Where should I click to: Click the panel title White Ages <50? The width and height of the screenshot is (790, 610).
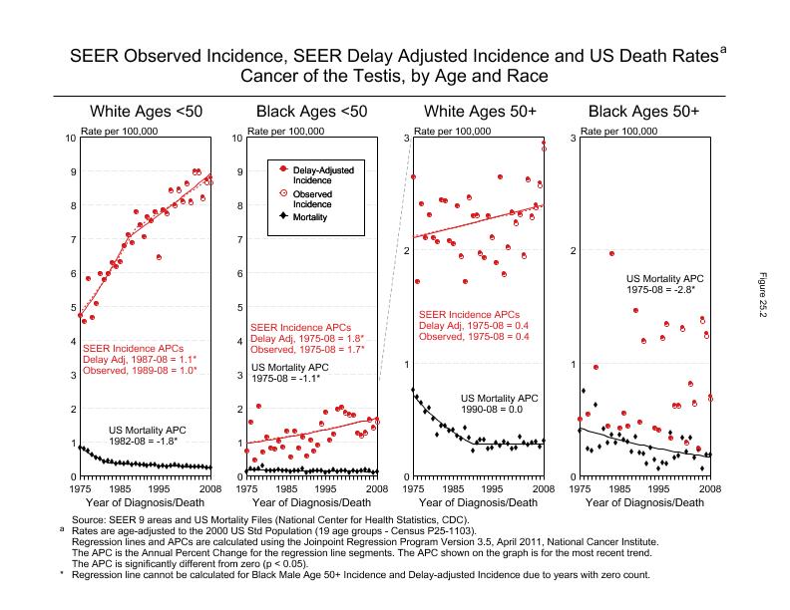146,111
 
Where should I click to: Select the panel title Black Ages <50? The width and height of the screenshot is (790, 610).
311,111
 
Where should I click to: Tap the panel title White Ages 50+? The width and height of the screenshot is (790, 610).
478,111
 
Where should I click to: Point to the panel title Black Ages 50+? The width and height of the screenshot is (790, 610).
643,111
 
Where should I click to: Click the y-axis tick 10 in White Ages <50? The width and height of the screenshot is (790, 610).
69,138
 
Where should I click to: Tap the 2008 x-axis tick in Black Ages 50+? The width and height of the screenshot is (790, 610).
709,488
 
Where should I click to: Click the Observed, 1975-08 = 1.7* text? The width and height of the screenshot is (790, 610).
306,350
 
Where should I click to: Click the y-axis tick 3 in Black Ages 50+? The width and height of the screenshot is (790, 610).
572,138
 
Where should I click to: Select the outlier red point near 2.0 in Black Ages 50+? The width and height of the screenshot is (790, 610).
611,253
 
